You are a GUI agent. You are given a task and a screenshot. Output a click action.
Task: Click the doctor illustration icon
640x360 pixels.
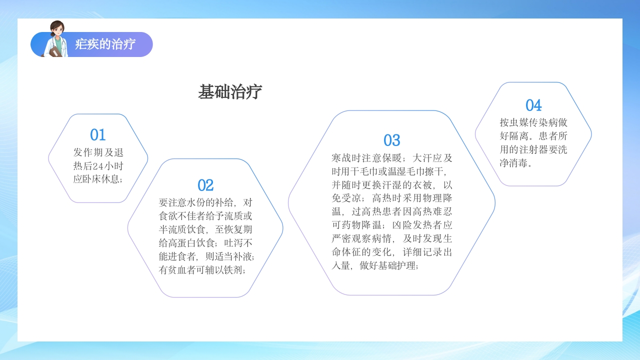(56, 39)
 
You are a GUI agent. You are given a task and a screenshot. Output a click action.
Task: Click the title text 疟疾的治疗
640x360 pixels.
(105, 44)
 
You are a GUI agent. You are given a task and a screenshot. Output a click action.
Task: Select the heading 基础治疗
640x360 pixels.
(230, 92)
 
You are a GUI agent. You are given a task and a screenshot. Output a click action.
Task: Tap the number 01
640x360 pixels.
(98, 135)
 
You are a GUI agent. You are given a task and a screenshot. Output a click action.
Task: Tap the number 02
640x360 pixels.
(205, 185)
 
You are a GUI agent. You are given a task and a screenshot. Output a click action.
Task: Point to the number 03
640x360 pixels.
(392, 140)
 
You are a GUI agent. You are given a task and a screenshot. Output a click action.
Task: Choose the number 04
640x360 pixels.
(533, 105)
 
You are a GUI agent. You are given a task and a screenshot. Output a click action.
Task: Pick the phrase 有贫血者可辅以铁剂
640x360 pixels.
(201, 270)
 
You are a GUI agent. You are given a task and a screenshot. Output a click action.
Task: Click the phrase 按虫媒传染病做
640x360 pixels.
(533, 122)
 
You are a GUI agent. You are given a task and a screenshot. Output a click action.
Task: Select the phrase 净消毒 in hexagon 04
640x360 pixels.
(513, 163)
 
